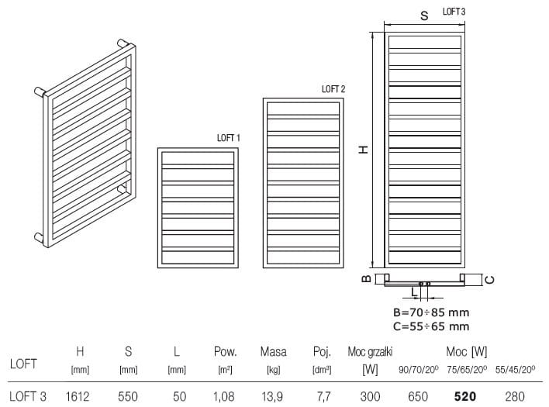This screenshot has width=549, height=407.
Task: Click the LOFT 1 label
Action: [229, 138]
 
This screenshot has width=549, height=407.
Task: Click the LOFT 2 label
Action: [333, 89]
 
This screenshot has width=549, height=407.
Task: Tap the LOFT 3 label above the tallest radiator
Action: [454, 12]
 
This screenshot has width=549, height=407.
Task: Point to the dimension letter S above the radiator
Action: [425, 16]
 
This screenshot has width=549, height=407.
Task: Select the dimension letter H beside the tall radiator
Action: [362, 149]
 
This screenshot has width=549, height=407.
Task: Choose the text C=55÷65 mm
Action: [431, 326]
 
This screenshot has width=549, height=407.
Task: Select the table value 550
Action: [129, 396]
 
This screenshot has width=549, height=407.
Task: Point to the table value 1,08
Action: [225, 396]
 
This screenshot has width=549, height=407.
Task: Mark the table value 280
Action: [516, 396]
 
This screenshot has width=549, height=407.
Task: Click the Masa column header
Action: [274, 352]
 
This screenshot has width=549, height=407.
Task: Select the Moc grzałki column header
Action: [371, 352]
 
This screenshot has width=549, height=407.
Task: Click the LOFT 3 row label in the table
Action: [27, 396]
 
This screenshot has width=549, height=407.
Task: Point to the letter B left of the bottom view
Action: [365, 278]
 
